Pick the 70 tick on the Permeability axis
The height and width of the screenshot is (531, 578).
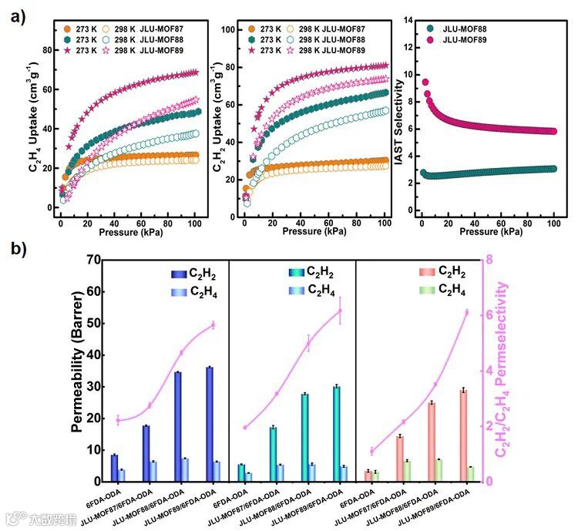tap(96, 260)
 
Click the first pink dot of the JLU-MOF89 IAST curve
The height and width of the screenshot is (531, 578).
tap(425, 82)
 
